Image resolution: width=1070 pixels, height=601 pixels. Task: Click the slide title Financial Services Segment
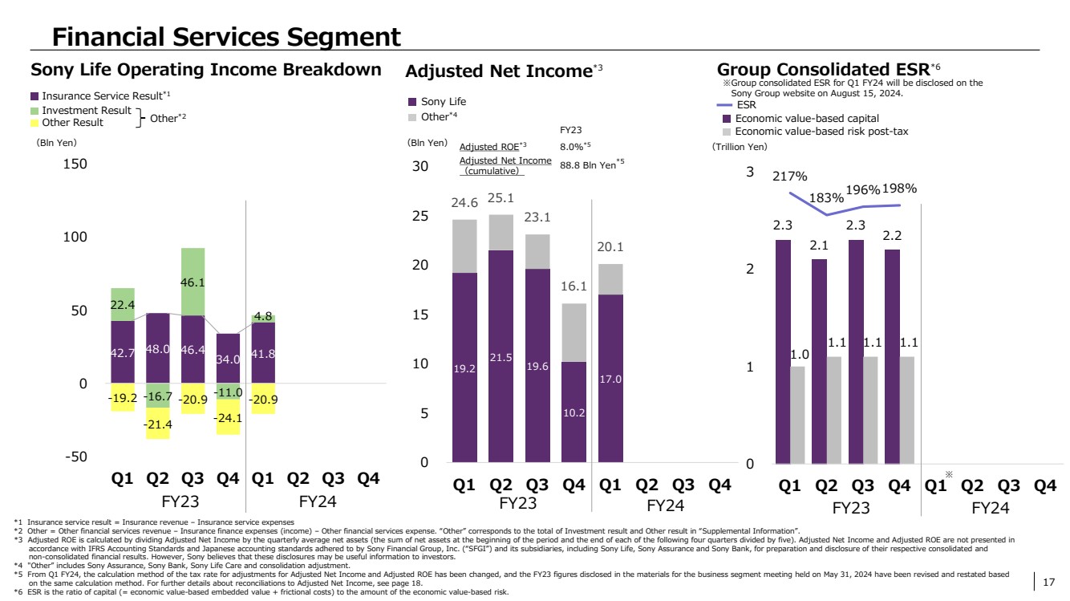pos(226,36)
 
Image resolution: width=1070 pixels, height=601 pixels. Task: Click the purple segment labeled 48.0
pos(158,348)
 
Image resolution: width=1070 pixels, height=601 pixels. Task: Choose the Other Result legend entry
pos(72,123)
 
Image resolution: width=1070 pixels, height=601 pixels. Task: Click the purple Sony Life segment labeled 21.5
pos(501,357)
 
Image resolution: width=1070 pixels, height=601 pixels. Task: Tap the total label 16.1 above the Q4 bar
pos(574,286)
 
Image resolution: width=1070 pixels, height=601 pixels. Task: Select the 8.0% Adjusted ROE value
pos(575,147)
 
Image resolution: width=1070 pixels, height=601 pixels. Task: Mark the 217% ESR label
pos(790,177)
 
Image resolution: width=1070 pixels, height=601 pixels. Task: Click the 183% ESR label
pos(825,197)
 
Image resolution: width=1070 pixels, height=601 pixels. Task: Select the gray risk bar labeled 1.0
pos(797,415)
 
